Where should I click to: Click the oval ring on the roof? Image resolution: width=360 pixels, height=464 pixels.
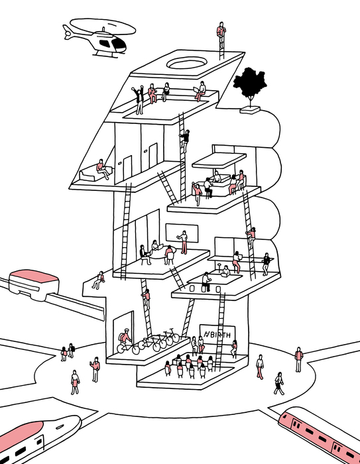[x=187, y=64]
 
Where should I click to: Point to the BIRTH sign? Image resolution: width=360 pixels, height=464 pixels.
[x=217, y=335]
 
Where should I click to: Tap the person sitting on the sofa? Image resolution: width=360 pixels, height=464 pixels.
[x=103, y=169]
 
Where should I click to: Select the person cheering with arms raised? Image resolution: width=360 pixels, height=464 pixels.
[x=139, y=100]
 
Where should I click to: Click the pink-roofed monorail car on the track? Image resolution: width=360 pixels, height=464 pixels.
[x=33, y=284]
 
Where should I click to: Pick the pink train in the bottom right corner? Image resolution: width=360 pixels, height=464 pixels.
[x=320, y=435]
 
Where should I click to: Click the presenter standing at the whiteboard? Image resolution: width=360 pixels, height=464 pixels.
[x=184, y=242]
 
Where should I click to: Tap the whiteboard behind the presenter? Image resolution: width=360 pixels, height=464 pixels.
[x=182, y=233]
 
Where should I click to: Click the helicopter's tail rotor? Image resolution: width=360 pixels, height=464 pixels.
[x=68, y=32]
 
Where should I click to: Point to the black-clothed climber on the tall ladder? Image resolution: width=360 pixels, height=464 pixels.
[x=185, y=141]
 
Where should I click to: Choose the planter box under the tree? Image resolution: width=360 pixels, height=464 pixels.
[x=250, y=110]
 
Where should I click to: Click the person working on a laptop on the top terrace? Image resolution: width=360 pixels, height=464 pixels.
[x=200, y=91]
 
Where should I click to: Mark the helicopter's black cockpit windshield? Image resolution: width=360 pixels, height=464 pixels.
[x=119, y=44]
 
